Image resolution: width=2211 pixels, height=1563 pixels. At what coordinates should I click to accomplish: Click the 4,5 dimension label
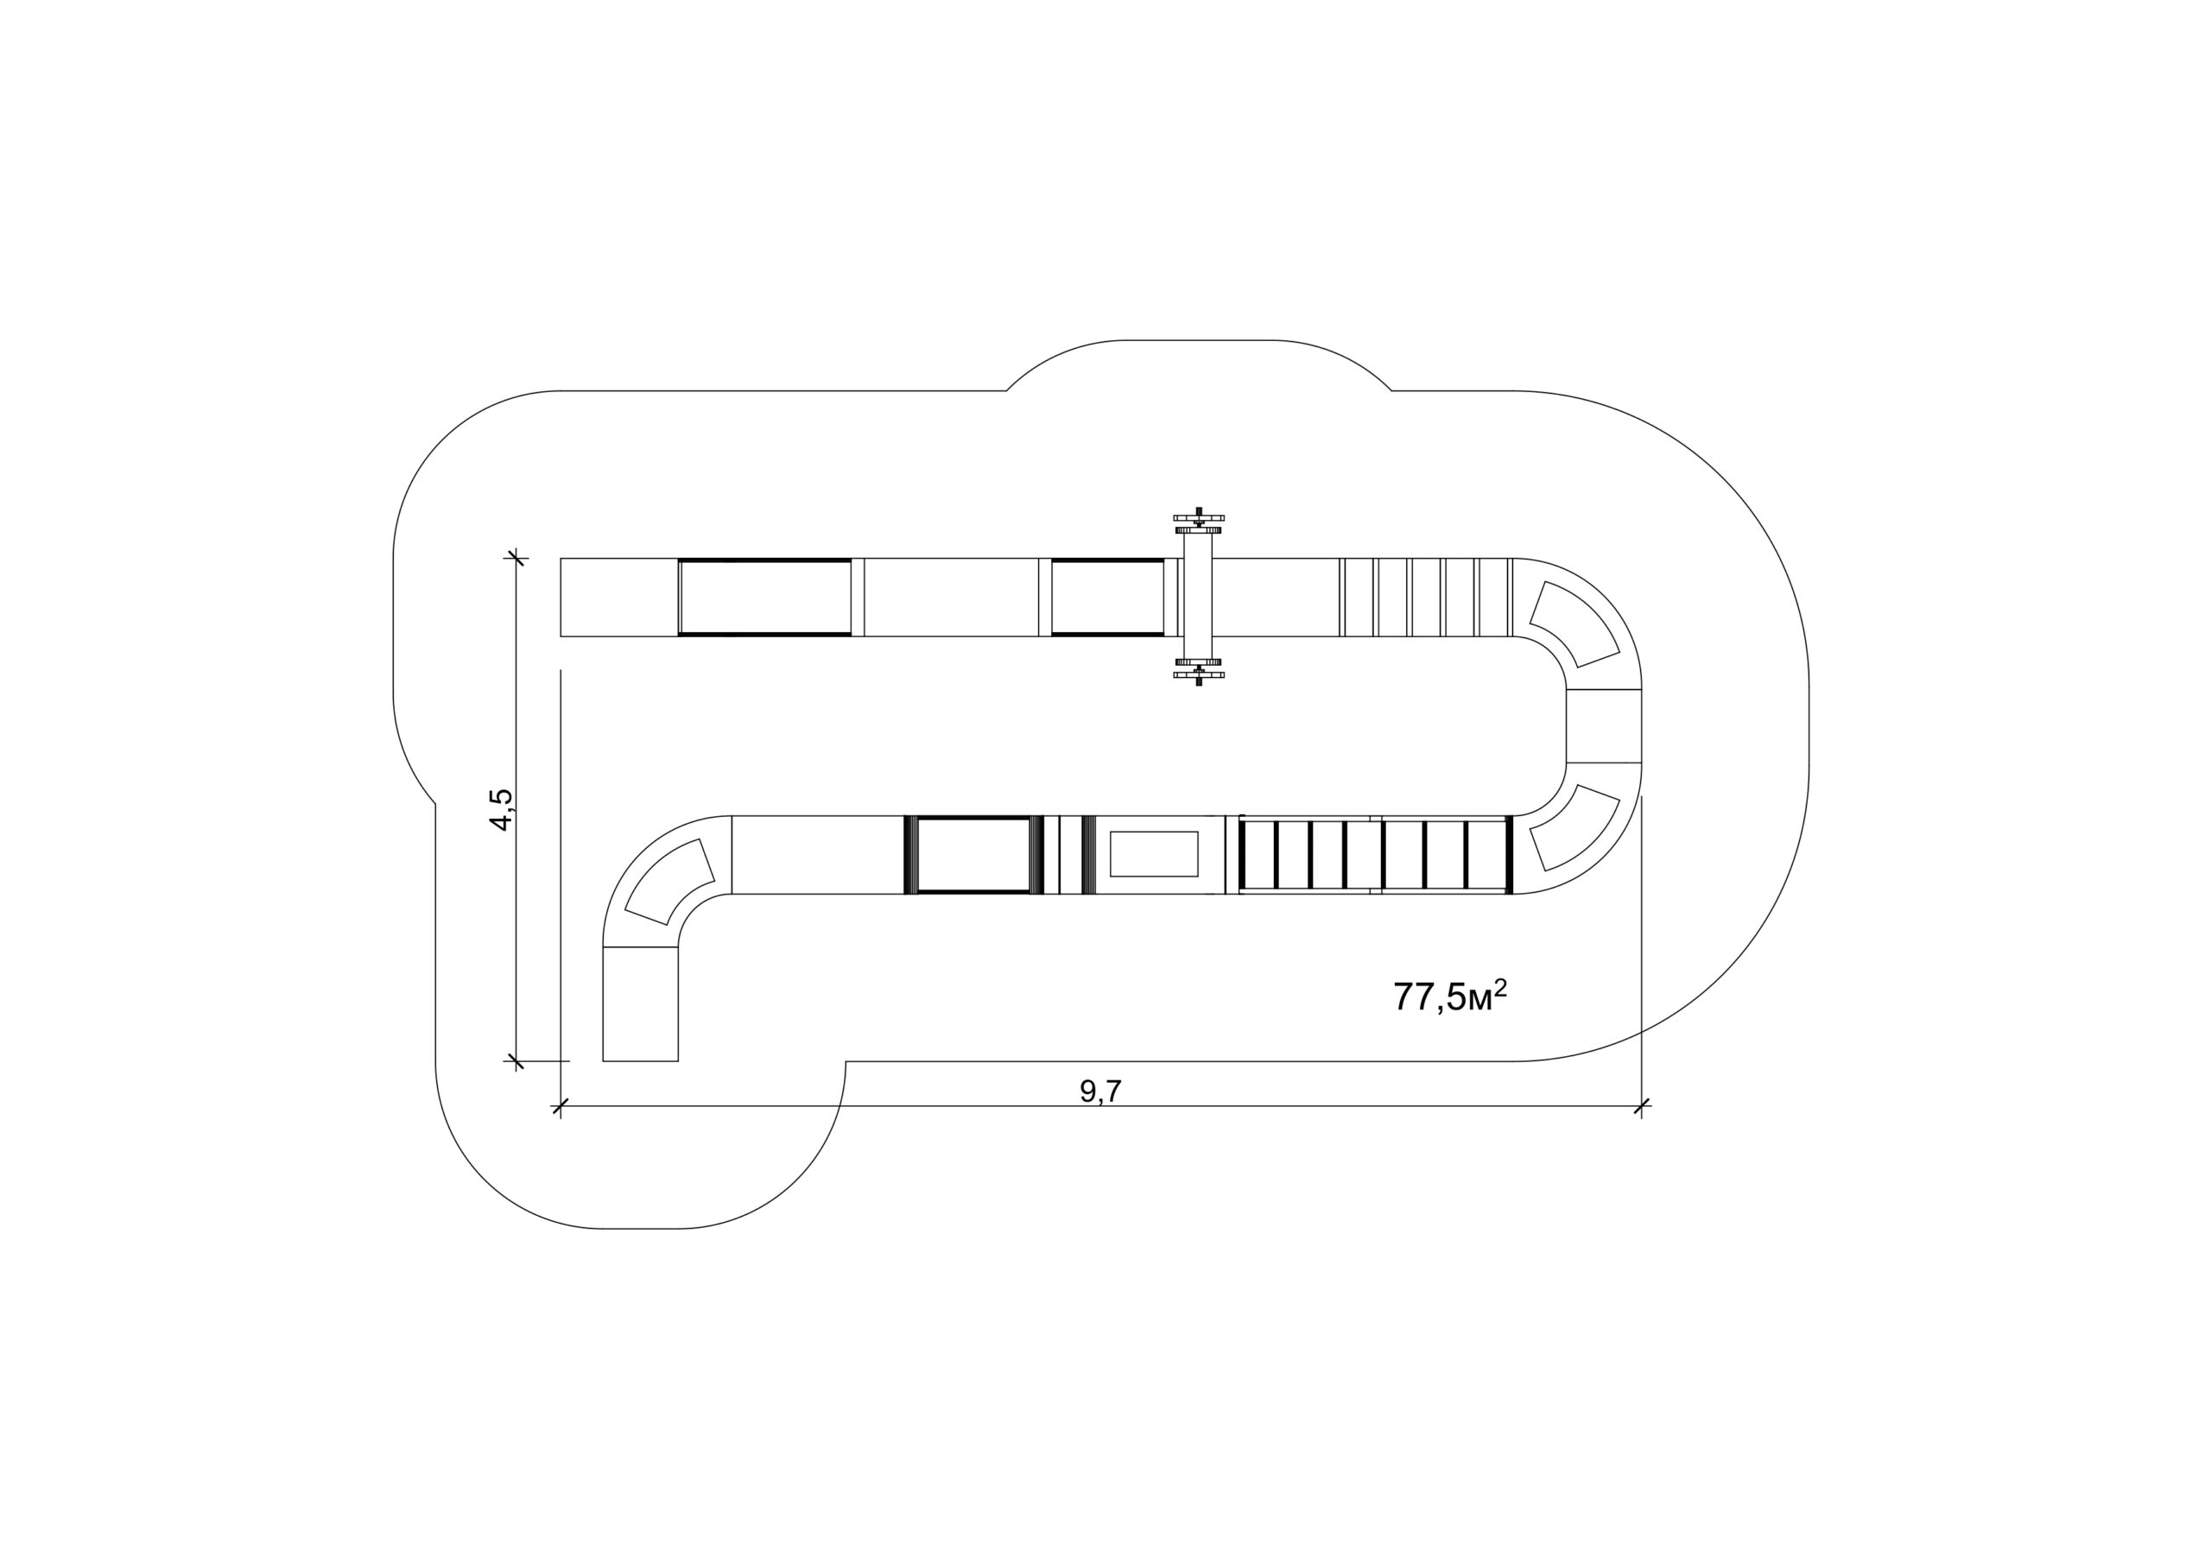pyautogui.click(x=502, y=809)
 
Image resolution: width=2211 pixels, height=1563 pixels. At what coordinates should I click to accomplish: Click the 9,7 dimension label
pyautogui.click(x=1100, y=1092)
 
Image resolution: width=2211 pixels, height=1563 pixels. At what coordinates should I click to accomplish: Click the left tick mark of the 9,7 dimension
pyautogui.click(x=561, y=1105)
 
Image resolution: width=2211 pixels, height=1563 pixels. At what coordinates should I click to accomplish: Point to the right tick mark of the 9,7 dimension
pyautogui.click(x=1642, y=1105)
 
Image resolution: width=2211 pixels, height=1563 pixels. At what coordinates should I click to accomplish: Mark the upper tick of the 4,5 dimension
pyautogui.click(x=517, y=558)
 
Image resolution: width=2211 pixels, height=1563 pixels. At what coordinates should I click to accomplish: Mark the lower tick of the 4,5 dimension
pyautogui.click(x=517, y=1061)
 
